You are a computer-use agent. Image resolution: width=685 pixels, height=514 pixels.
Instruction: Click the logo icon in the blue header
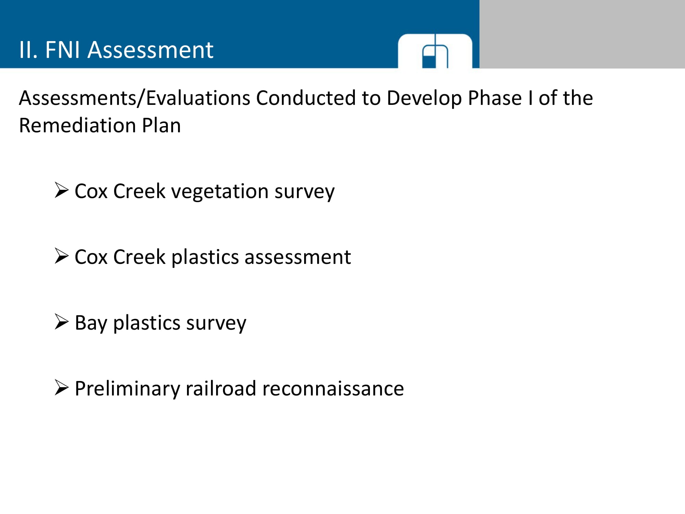[x=435, y=51]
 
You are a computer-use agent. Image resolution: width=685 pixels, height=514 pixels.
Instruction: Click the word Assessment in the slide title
[x=150, y=50]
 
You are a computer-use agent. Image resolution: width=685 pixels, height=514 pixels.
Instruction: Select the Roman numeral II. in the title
[x=28, y=50]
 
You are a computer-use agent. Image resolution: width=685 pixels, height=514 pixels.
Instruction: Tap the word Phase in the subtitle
[x=495, y=98]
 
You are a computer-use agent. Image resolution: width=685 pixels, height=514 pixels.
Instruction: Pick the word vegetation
[x=220, y=192]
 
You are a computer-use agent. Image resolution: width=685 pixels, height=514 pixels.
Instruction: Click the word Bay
[x=91, y=323]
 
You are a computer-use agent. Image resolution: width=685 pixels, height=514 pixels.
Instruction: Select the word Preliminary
[x=127, y=389]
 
